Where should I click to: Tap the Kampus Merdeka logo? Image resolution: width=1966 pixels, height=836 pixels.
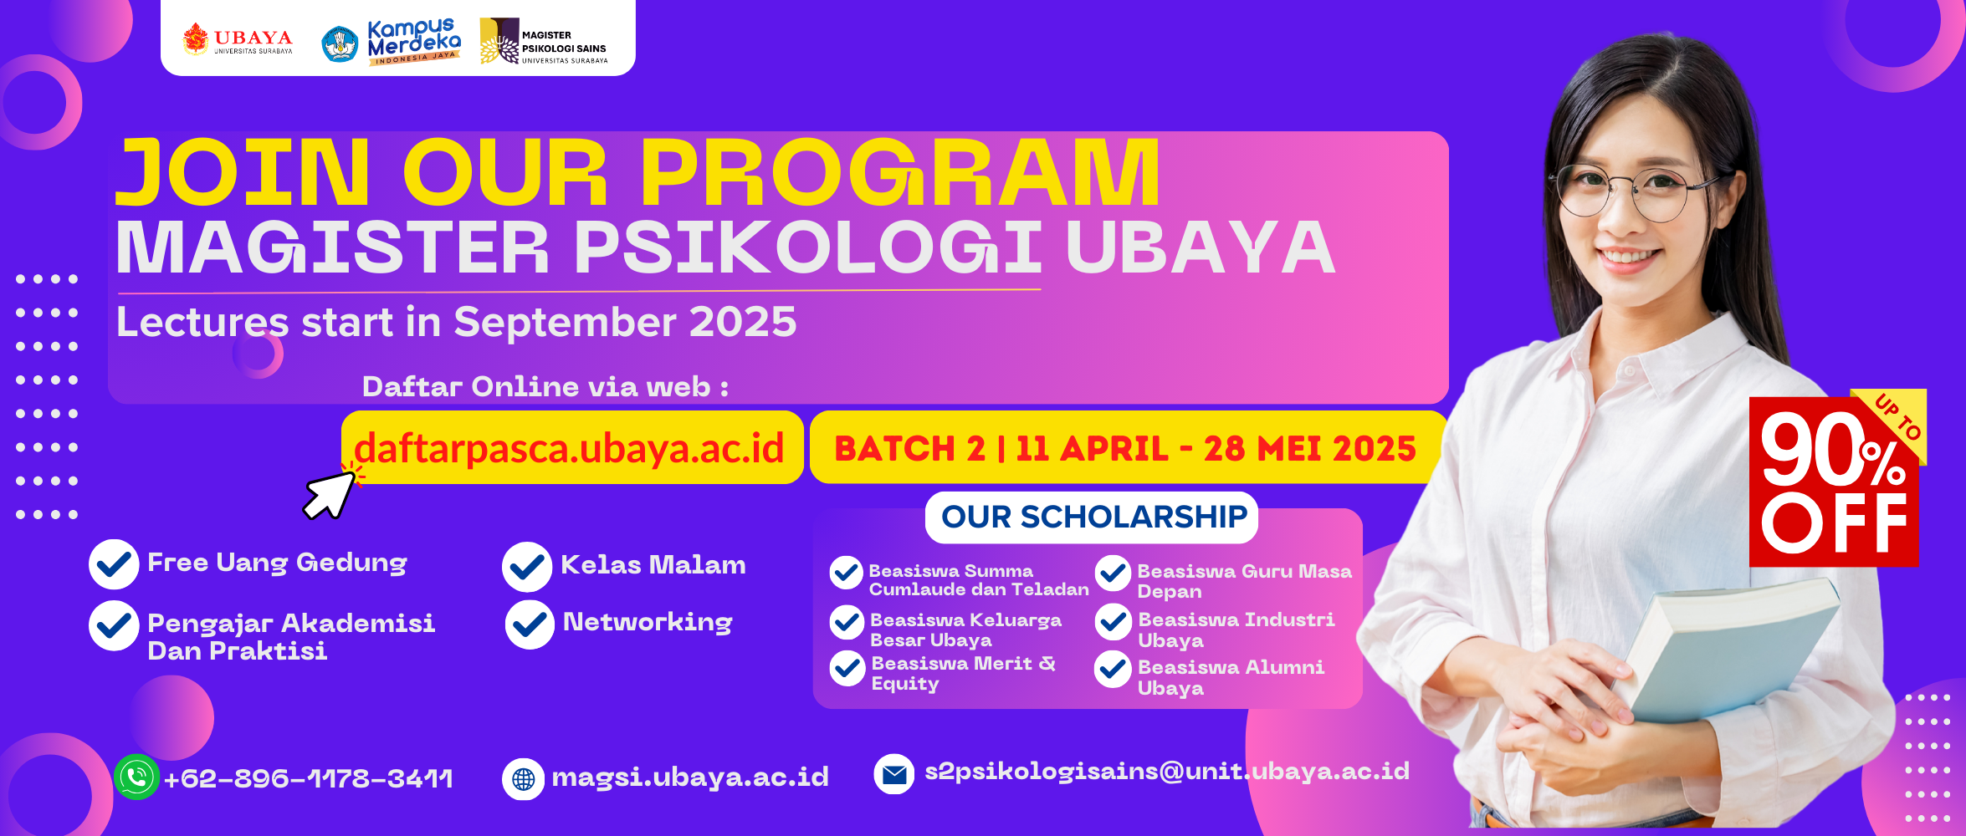(392, 42)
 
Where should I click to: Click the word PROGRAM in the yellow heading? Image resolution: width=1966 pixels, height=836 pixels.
(900, 173)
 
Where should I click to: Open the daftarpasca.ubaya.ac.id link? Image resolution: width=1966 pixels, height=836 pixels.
(569, 449)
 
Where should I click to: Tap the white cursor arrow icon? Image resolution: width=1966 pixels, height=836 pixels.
(330, 495)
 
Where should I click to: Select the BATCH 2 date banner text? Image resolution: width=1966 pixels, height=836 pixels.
(1125, 449)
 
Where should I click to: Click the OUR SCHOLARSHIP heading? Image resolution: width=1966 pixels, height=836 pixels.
(1093, 517)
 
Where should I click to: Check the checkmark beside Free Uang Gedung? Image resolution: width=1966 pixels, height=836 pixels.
(114, 564)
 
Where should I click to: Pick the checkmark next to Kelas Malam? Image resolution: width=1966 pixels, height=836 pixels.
(527, 567)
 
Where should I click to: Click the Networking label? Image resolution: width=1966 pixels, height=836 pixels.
(648, 623)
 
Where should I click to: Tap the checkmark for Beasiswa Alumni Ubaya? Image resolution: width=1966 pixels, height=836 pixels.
(1114, 670)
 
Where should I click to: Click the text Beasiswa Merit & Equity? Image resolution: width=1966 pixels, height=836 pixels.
(963, 674)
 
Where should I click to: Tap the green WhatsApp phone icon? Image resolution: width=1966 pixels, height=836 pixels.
(136, 777)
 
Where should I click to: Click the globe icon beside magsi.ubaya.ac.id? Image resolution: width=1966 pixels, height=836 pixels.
(524, 779)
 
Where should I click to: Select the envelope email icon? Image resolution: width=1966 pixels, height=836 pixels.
(894, 774)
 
